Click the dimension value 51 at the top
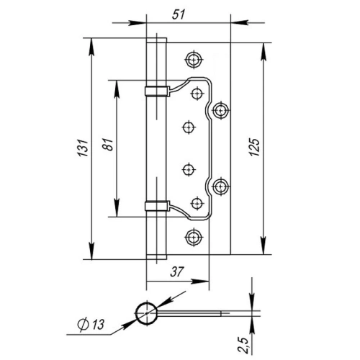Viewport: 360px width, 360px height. coord(179,14)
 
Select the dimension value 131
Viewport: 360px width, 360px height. coord(83,148)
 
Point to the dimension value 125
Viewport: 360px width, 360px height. coord(254,147)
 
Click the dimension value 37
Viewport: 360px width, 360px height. coord(177,271)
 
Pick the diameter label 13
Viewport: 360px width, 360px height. coord(98,325)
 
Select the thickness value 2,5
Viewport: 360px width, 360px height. coord(244,346)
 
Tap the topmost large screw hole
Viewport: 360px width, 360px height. coord(194,59)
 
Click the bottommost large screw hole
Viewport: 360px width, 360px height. coord(194,237)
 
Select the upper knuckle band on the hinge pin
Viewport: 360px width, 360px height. coord(157,91)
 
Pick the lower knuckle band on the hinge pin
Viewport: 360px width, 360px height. coord(157,206)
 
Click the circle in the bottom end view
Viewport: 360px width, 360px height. coord(146,313)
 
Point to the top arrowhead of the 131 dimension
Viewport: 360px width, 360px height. coord(91,47)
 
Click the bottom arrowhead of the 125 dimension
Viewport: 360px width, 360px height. coord(264,246)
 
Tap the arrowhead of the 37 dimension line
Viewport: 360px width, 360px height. coord(199,282)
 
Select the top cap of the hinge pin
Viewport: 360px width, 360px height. coord(156,40)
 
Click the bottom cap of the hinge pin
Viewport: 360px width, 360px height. coord(156,257)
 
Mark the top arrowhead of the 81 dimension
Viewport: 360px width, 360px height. coord(117,89)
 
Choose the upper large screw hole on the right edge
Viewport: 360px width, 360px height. coord(220,110)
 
